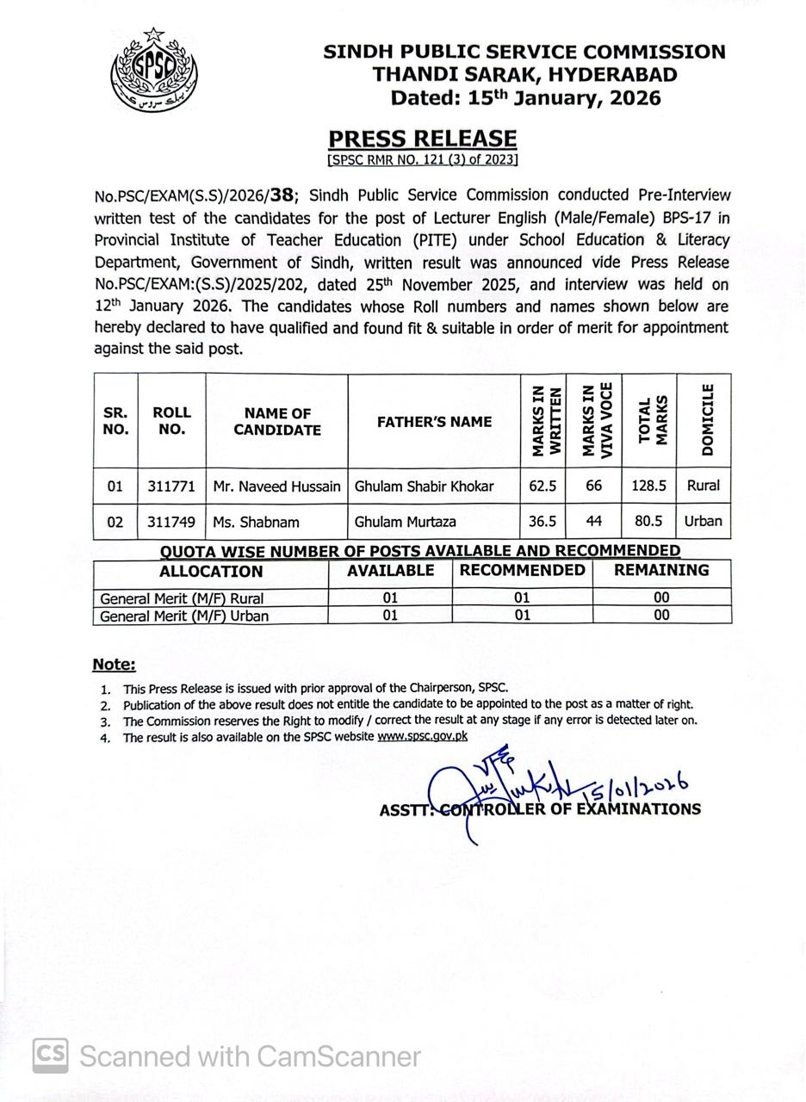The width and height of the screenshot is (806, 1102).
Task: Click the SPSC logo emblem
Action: [154, 70]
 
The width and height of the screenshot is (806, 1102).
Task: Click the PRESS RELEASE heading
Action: [422, 139]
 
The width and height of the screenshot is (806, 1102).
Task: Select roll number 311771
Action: [171, 486]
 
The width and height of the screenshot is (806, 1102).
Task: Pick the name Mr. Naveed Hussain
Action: [276, 486]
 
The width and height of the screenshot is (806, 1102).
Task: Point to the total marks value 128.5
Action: [649, 486]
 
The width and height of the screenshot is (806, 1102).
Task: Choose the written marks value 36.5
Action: [542, 522]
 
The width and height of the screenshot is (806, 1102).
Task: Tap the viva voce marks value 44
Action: [593, 522]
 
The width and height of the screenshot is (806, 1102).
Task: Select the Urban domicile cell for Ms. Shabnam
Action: [703, 522]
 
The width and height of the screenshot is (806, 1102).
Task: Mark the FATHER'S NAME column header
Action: [434, 422]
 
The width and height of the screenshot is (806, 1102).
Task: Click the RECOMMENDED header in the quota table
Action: [522, 571]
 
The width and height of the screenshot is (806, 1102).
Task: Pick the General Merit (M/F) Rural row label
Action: [182, 597]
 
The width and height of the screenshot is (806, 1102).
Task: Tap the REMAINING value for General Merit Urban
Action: [661, 616]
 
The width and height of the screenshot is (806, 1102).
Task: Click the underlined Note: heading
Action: [114, 665]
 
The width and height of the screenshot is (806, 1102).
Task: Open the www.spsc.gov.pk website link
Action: [422, 736]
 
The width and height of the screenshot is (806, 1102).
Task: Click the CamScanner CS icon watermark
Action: [50, 1056]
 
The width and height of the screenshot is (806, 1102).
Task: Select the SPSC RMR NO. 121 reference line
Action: [422, 159]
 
